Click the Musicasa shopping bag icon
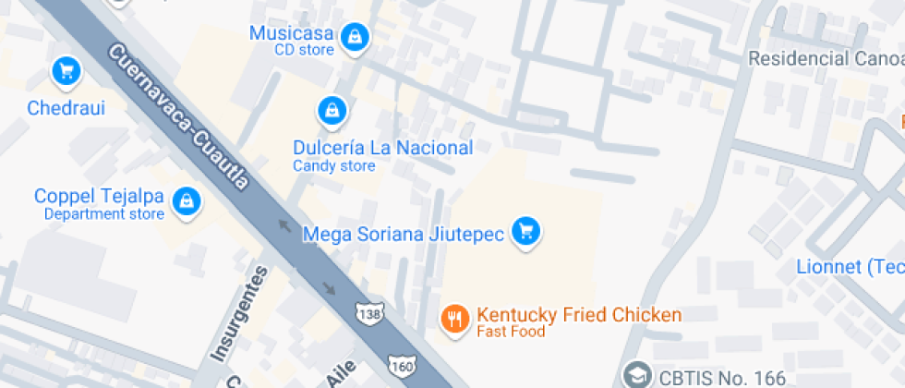tap(354, 38)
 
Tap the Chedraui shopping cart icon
tap(66, 70)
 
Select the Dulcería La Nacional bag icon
tap(331, 112)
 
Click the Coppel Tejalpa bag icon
tap(187, 200)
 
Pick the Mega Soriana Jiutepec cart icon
tap(526, 232)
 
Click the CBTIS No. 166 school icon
tap(636, 375)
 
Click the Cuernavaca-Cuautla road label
tap(179, 118)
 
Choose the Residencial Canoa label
tap(826, 59)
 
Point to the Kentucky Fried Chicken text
tap(579, 315)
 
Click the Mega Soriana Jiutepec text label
tap(404, 234)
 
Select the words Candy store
tap(334, 166)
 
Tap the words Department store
tap(104, 214)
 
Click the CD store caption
tap(304, 50)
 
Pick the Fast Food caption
tap(511, 332)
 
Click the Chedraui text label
tap(66, 108)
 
